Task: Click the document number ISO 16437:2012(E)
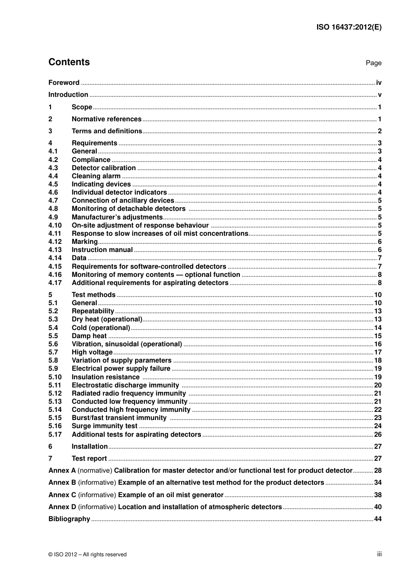349,27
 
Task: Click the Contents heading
69,62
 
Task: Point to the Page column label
373,63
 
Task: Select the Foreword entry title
64,83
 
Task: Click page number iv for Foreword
378,83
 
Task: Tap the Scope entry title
82,107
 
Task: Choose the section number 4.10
55,225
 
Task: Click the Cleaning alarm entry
96,176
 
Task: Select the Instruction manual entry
102,250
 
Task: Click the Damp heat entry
89,336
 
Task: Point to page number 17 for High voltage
377,352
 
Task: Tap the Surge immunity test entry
105,426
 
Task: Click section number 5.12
55,393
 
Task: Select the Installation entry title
90,447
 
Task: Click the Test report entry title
89,459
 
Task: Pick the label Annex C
62,495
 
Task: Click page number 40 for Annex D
377,507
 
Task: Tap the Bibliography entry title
69,519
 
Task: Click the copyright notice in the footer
87,555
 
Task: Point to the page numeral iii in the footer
379,554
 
